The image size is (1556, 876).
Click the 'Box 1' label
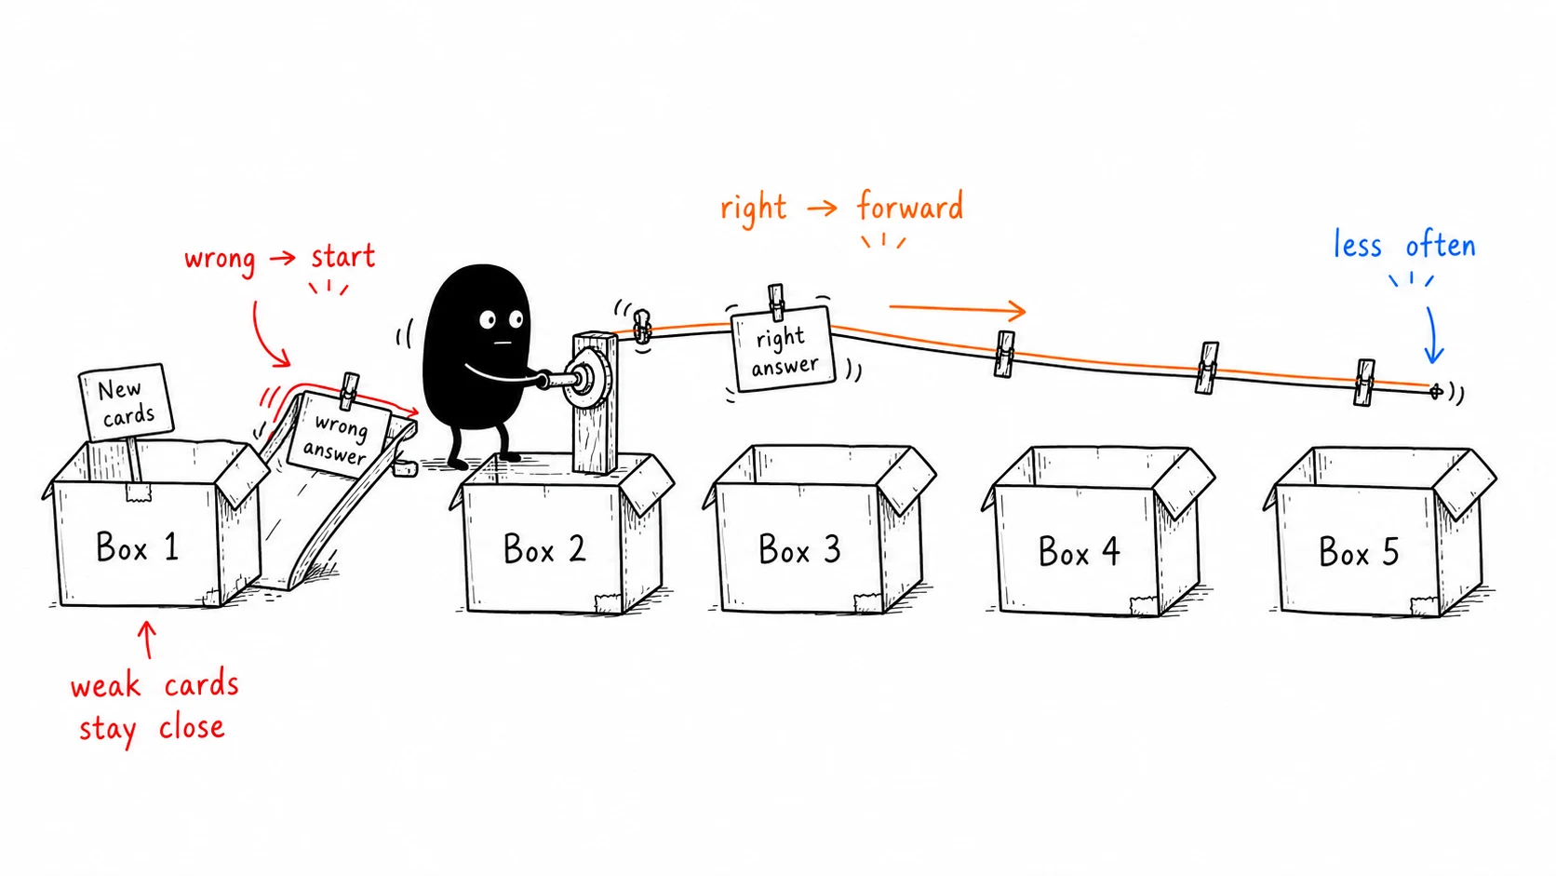tap(137, 546)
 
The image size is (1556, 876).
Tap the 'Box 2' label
tap(544, 548)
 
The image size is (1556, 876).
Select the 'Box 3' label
tap(799, 549)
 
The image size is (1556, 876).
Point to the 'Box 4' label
tap(1079, 552)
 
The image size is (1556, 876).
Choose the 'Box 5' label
tap(1359, 552)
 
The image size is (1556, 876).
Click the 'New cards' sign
tap(127, 401)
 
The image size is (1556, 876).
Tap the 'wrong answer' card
tap(339, 436)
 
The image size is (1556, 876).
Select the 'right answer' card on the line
tap(783, 349)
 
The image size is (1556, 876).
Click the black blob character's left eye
tap(488, 319)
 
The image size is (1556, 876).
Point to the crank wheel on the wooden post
tap(587, 379)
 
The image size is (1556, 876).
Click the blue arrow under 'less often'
tap(1432, 335)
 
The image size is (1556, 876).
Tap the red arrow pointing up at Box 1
tap(146, 640)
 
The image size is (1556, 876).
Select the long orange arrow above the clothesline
tap(958, 309)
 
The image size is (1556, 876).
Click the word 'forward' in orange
tap(910, 207)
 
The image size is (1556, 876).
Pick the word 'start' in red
tap(343, 256)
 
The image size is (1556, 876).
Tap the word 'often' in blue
tap(1441, 246)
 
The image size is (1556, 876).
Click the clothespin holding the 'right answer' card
tap(777, 303)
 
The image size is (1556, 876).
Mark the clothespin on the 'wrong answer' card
tap(349, 390)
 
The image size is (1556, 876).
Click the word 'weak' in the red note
tap(105, 686)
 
